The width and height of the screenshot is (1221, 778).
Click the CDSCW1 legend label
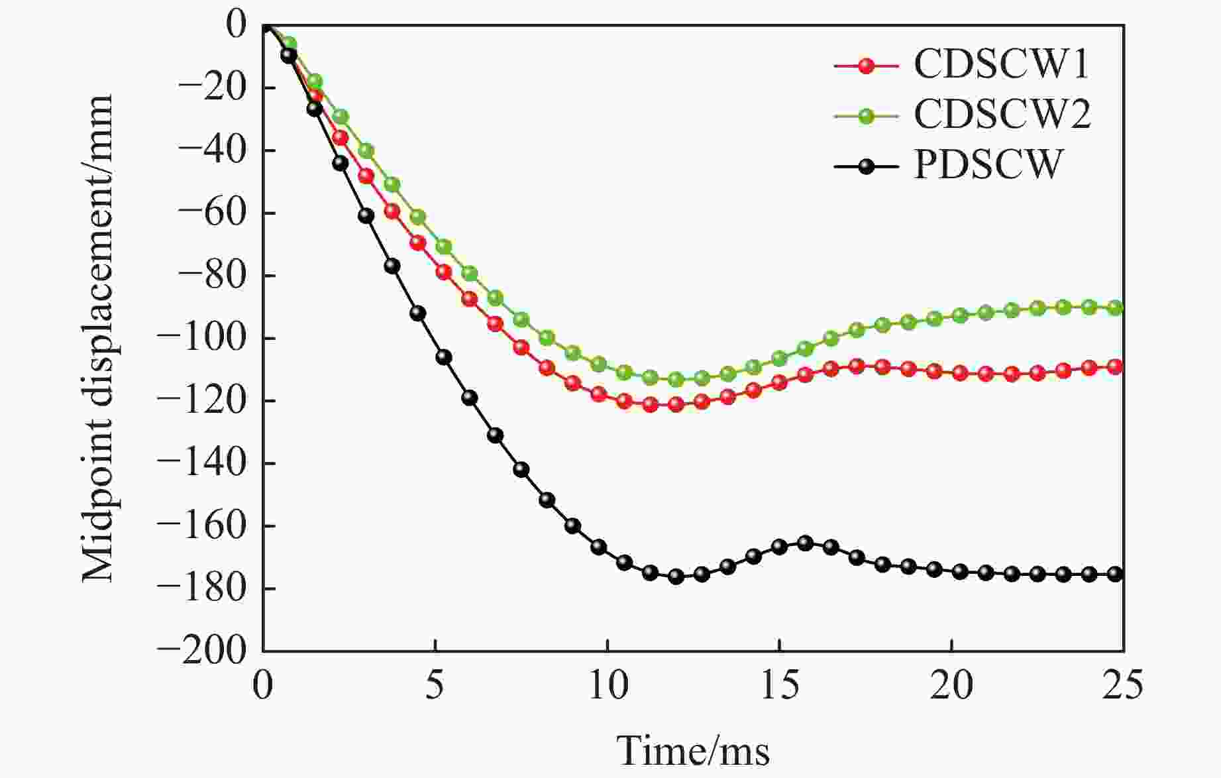pos(1001,65)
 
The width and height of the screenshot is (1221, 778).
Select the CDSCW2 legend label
pos(1002,114)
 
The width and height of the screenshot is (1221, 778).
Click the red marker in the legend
pos(865,66)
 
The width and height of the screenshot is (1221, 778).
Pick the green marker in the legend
pos(865,115)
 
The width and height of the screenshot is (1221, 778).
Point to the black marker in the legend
pos(865,165)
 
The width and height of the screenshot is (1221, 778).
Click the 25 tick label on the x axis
pos(1122,685)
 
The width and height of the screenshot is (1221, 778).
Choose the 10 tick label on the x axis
pos(608,685)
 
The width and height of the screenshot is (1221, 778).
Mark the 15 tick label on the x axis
pos(779,685)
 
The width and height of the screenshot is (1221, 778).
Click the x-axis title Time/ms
pos(693,751)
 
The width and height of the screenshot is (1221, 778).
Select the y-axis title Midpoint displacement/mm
pos(98,338)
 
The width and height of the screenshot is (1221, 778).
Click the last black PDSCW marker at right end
pos(1115,575)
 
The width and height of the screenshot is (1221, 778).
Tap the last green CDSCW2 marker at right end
pos(1115,307)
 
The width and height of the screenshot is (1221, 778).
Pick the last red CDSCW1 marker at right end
pos(1115,366)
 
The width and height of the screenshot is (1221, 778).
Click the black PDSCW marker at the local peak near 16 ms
pos(805,543)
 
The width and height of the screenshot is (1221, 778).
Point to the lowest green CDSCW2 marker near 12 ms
pos(676,380)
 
